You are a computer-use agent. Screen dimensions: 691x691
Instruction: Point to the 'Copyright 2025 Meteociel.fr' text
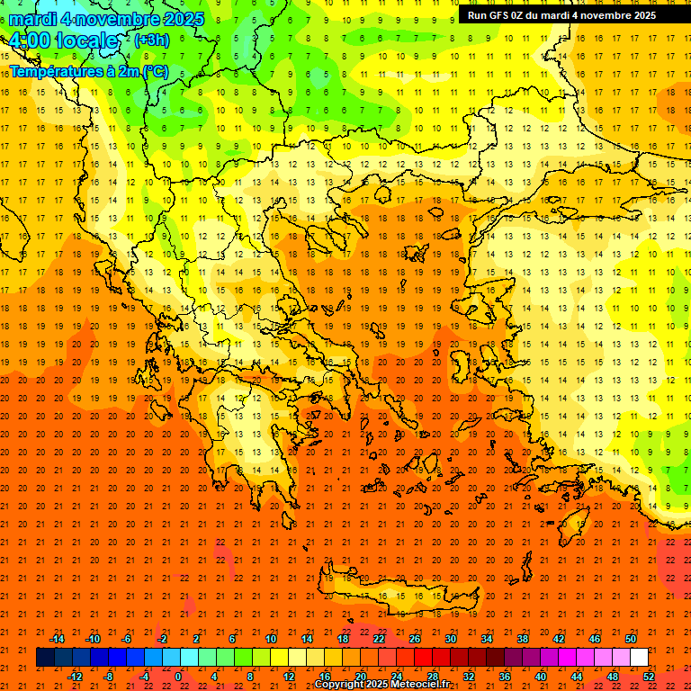[381, 685]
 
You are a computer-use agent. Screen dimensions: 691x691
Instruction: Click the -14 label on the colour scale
[57, 639]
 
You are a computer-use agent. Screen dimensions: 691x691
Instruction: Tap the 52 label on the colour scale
[649, 676]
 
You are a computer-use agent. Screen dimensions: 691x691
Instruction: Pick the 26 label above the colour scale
[415, 639]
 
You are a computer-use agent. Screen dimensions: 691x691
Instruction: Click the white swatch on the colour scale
[639, 658]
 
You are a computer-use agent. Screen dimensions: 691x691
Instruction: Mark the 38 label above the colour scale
[523, 639]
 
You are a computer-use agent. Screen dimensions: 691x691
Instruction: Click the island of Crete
[405, 597]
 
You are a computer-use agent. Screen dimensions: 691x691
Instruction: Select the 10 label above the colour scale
[271, 639]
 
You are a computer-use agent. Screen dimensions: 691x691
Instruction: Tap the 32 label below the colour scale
[469, 676]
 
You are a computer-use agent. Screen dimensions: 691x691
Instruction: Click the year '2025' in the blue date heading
[184, 19]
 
